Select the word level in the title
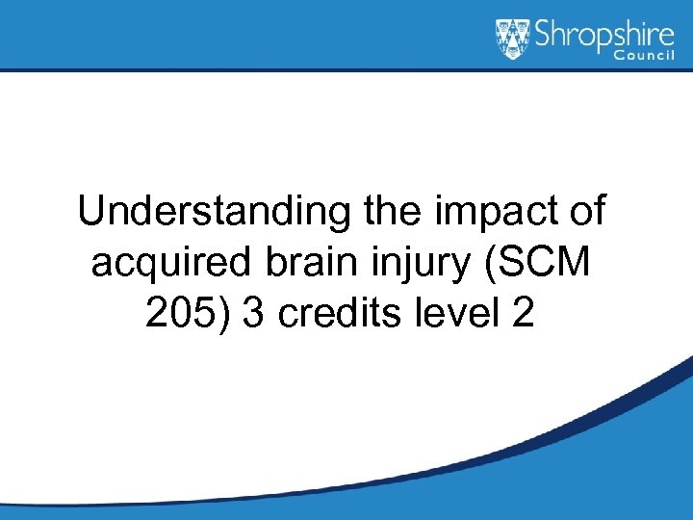(450, 314)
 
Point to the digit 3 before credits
(253, 314)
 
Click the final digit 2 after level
(523, 314)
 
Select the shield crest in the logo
(512, 39)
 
